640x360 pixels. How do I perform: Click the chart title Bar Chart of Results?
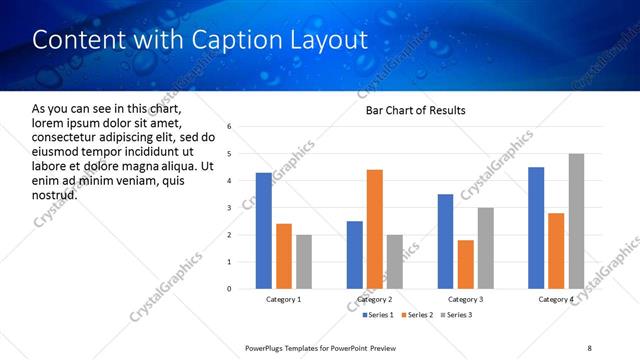pos(415,110)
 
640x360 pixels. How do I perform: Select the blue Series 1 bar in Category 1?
pos(263,231)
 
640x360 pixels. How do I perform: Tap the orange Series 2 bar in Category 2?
pos(375,229)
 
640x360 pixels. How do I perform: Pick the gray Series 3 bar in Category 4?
pos(577,221)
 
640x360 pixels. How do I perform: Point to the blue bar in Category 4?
pos(536,228)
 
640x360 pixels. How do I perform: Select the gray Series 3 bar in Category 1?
pos(304,262)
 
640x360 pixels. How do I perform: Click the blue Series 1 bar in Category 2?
pos(354,255)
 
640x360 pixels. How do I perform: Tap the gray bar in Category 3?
pos(486,248)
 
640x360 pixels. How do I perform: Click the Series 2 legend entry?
pos(415,315)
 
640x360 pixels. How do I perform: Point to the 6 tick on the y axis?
pos(229,127)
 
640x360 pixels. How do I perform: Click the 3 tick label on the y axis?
pos(229,208)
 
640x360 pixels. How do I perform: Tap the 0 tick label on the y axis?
pos(229,289)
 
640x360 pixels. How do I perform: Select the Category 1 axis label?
pos(283,300)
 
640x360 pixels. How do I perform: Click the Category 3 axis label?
pos(465,300)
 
